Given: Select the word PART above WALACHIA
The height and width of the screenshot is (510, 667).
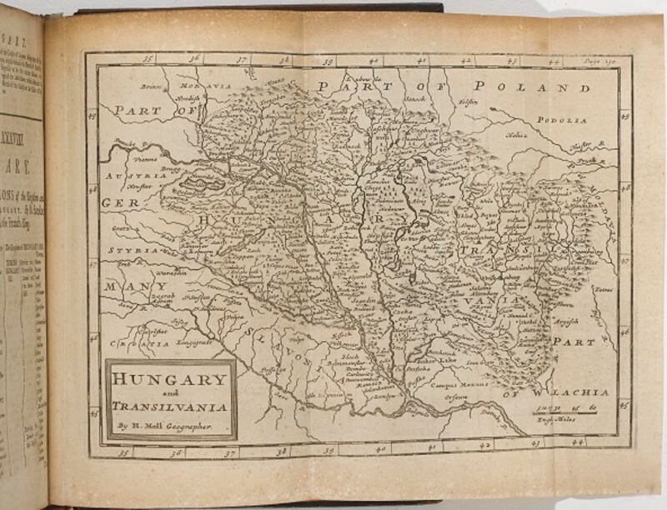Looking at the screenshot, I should (578, 341).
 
